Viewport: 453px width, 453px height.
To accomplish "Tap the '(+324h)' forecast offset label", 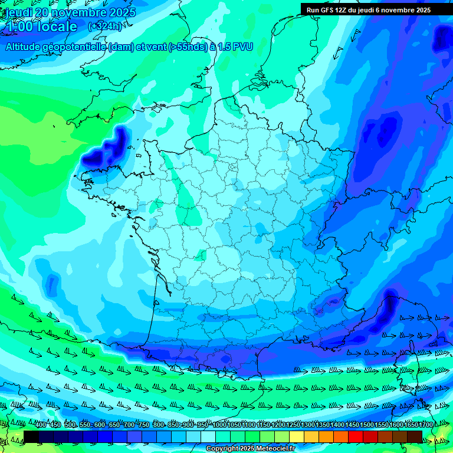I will pyautogui.click(x=105, y=27).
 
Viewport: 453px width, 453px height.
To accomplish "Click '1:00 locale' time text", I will pyautogui.click(x=41, y=27).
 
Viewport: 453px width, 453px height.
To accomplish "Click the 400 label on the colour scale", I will pyautogui.click(x=41, y=425).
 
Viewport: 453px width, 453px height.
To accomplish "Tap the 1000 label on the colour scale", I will pyautogui.click(x=219, y=425).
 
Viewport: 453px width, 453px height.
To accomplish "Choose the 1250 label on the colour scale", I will pyautogui.click(x=294, y=425).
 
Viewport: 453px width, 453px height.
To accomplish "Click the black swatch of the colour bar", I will pyautogui.click(x=31, y=436).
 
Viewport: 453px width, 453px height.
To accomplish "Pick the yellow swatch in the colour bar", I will pyautogui.click(x=297, y=436).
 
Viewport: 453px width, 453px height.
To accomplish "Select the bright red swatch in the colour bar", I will pyautogui.click(x=356, y=436).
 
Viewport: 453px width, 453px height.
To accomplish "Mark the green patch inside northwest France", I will pyautogui.click(x=188, y=195).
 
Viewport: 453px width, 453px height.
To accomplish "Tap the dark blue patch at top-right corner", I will pyautogui.click(x=442, y=38).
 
